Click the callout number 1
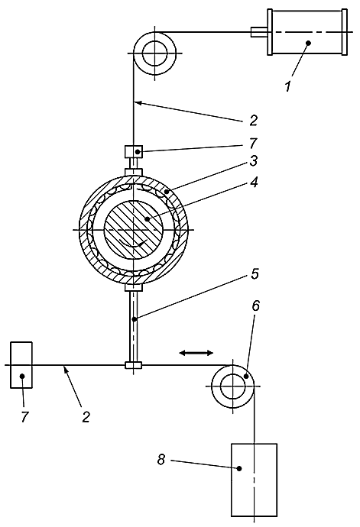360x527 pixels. pos(288,86)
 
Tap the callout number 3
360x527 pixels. pos(253,160)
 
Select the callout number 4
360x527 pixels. pos(254,183)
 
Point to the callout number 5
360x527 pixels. pos(255,273)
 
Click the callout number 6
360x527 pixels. pos(256,306)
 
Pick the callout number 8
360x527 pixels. pos(161,460)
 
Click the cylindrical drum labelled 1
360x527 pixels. pos(307,32)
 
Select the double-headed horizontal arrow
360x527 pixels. pos(196,353)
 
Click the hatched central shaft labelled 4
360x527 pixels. pos(134,230)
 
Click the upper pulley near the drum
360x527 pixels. pos(154,53)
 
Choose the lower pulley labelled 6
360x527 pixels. pos(233,386)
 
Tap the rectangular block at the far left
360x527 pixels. pos(21,365)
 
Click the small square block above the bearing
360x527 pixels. pos(134,151)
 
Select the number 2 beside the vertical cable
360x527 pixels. pos(253,120)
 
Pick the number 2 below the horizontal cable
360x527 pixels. pos(86,417)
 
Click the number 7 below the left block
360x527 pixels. pos(24,417)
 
